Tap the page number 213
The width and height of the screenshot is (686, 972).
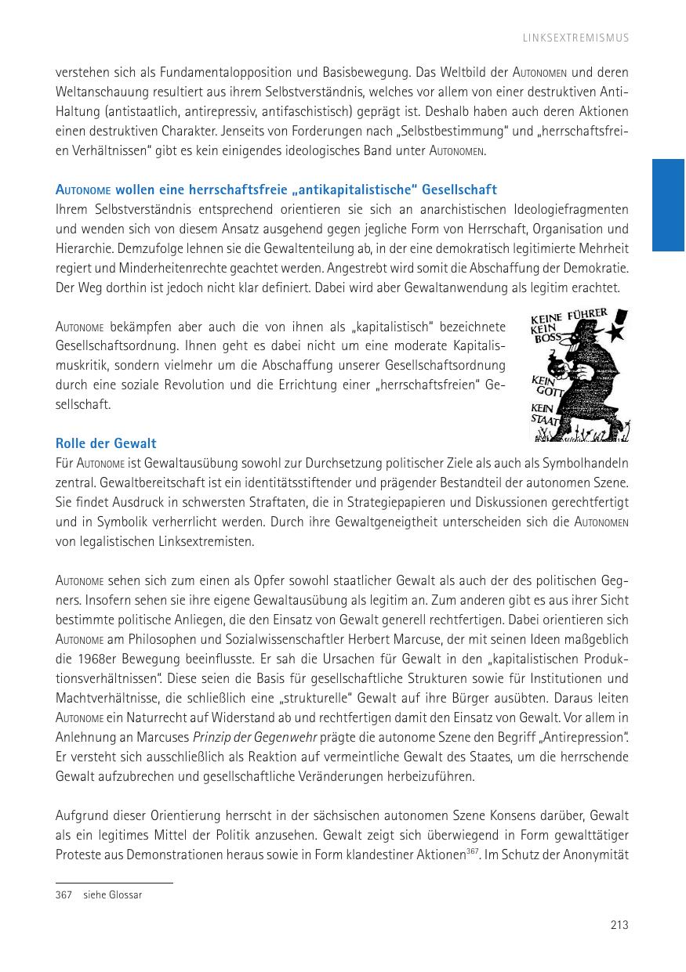click(619, 925)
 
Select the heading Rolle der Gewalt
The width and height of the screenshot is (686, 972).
click(106, 444)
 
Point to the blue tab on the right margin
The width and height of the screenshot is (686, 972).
click(669, 205)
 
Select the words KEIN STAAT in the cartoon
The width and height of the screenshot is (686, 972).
click(546, 414)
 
